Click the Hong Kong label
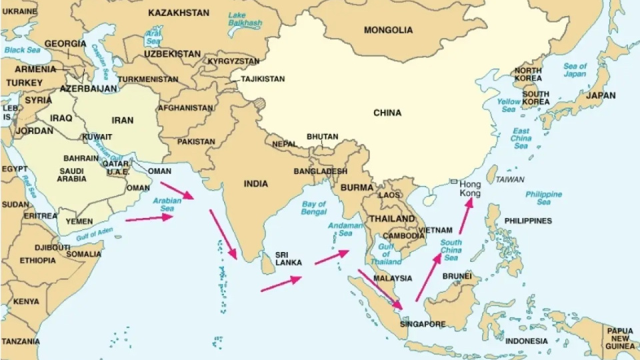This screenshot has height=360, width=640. [x=470, y=188]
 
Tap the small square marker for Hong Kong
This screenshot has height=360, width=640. [x=453, y=181]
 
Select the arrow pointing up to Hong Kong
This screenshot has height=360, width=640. [x=465, y=215]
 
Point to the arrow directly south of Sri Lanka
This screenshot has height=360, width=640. [x=281, y=284]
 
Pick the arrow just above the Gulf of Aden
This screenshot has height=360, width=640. [x=149, y=217]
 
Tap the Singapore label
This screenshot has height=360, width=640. [x=423, y=325]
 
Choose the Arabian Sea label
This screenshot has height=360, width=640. [x=167, y=205]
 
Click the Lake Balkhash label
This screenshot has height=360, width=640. [x=245, y=19]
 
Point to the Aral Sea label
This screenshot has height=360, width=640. [x=153, y=35]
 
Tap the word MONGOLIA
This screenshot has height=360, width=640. [x=388, y=30]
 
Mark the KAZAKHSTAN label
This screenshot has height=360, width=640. [x=179, y=13]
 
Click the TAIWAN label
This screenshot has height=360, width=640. [x=510, y=179]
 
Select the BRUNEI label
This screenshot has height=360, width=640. [x=457, y=276]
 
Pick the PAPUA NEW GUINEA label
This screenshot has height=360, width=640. [x=619, y=338]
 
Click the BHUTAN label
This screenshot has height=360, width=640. [x=322, y=137]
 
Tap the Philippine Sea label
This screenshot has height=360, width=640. [x=543, y=198]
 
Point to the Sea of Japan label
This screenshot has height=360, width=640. [x=575, y=70]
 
